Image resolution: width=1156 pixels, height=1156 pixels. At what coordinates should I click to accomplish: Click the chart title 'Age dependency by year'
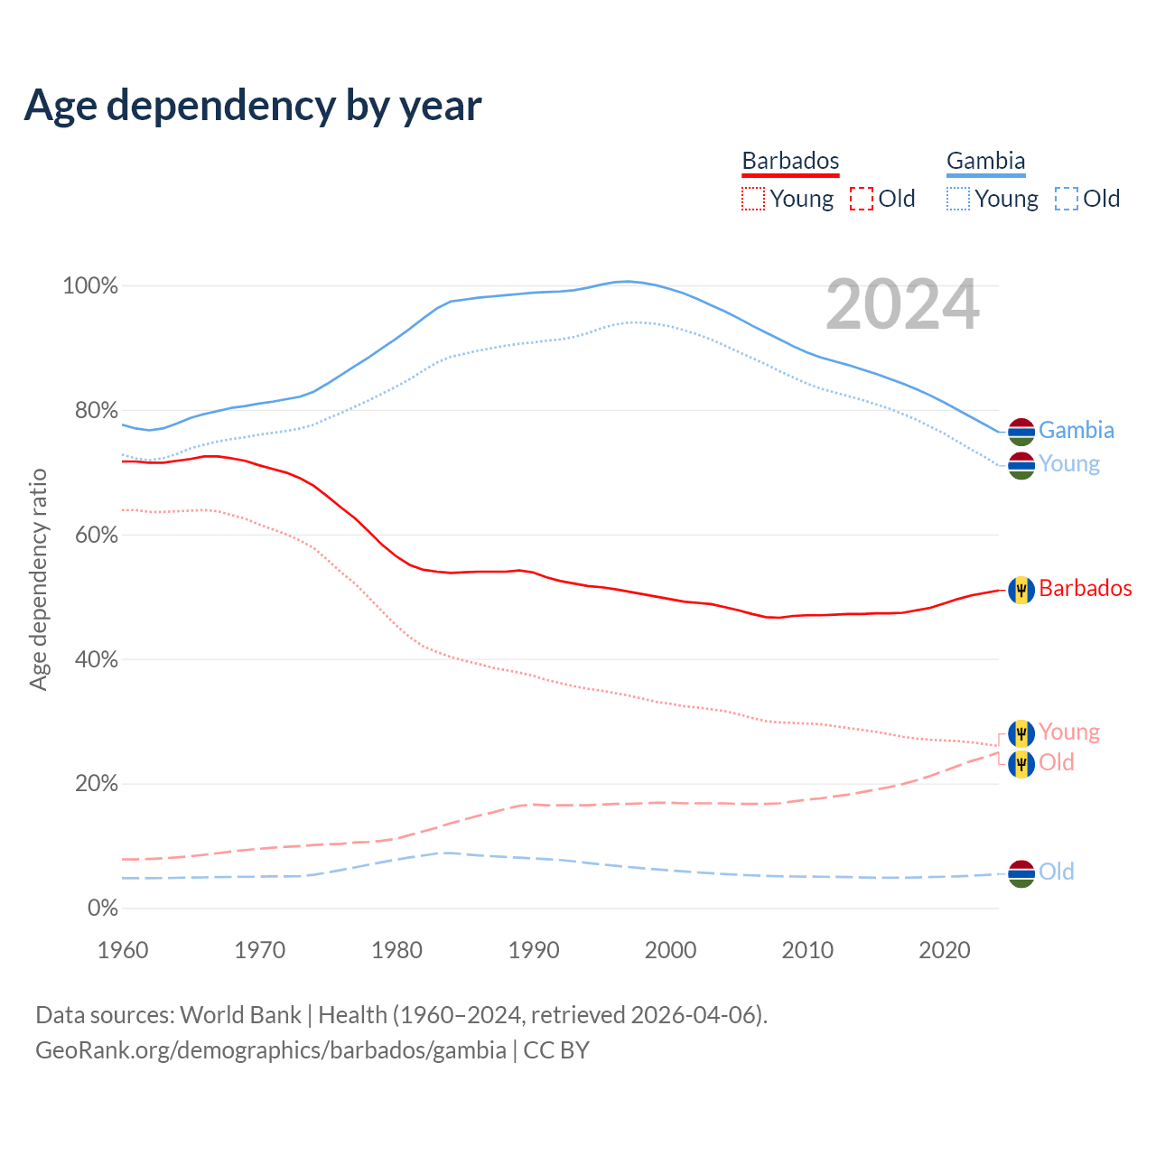pos(253,105)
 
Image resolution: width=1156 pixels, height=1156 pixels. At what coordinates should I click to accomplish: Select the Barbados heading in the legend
pos(790,161)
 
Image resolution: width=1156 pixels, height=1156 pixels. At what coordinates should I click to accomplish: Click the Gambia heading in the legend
pos(985,161)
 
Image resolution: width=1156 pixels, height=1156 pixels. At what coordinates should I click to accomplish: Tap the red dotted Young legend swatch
pos(753,199)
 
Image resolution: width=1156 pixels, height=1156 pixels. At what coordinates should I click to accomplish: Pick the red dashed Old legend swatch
pos(862,199)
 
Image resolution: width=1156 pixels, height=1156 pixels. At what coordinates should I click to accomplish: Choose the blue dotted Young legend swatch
pos(958,199)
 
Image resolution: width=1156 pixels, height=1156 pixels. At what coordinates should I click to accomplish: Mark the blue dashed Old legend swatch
pos(1067,199)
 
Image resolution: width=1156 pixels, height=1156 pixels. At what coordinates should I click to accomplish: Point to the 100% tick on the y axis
pos(90,286)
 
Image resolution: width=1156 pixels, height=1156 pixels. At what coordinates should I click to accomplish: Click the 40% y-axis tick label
pos(96,659)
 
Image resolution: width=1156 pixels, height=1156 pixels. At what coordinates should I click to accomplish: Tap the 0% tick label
pos(103,908)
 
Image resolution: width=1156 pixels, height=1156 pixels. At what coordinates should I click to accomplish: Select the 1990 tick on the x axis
pos(534,950)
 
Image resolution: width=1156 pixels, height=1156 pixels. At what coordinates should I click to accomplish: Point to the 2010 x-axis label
pos(807,950)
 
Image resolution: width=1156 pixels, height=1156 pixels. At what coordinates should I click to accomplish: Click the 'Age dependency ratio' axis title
pos(38,579)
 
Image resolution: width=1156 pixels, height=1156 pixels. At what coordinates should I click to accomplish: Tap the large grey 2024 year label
pos(902,304)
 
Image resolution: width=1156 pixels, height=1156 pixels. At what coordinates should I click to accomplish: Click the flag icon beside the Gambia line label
pos(1021,432)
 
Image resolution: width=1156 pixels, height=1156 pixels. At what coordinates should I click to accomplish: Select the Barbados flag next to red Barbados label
pos(1021,590)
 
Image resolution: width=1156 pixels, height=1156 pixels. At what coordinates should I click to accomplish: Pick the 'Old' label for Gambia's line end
pos(1056,872)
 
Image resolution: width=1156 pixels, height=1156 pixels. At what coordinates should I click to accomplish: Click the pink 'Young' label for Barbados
pos(1069,732)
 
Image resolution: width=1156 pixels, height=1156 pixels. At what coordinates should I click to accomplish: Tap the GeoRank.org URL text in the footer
pos(271,1050)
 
